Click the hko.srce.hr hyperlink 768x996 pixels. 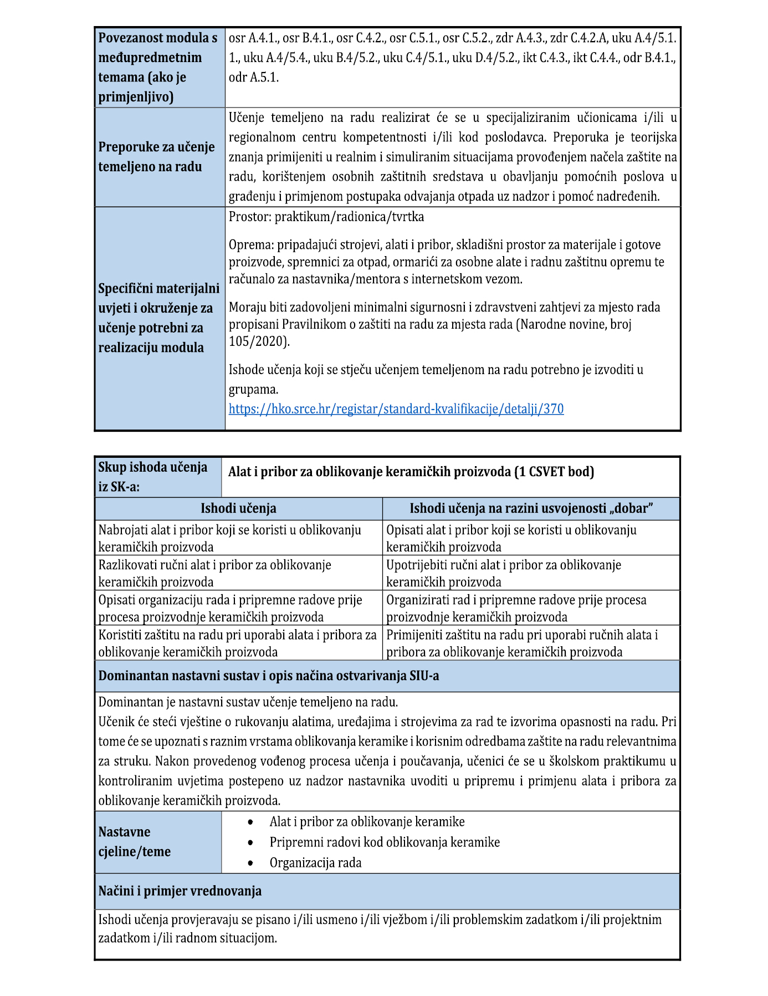396,409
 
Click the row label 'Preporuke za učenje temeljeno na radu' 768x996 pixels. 156,157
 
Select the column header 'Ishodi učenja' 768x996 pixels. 238,508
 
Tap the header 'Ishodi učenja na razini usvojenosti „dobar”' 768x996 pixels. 531,508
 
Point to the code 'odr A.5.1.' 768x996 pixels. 254,77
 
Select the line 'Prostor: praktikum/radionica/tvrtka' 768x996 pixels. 326,217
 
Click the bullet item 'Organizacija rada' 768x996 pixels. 315,862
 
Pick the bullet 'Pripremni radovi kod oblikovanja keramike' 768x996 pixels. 385,842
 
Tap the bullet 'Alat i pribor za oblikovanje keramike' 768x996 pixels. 367,821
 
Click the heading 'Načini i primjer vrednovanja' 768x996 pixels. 180,891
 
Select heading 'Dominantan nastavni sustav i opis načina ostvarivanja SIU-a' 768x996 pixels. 269,676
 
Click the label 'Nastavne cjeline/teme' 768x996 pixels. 135,841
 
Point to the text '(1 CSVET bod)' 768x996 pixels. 554,472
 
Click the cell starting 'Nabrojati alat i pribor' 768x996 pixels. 229,538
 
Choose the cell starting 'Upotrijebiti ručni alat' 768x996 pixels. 503,573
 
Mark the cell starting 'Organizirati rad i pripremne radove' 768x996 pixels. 516,607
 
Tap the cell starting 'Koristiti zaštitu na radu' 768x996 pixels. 237,642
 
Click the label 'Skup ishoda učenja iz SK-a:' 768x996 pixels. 152,477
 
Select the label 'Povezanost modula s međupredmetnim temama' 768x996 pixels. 157,67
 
